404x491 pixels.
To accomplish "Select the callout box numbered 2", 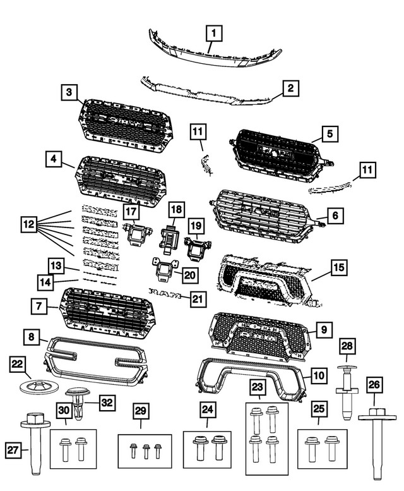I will pyautogui.click(x=290, y=88).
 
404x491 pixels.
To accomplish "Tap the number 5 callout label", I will pyautogui.click(x=329, y=133).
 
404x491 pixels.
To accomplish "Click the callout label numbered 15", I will pyautogui.click(x=339, y=268).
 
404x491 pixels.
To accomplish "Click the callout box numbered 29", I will pyautogui.click(x=140, y=411).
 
